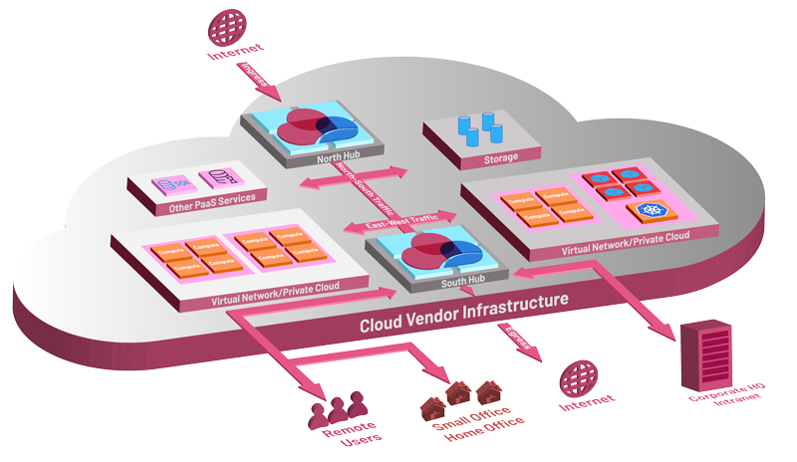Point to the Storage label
point(500,158)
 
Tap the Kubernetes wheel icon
point(652,211)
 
